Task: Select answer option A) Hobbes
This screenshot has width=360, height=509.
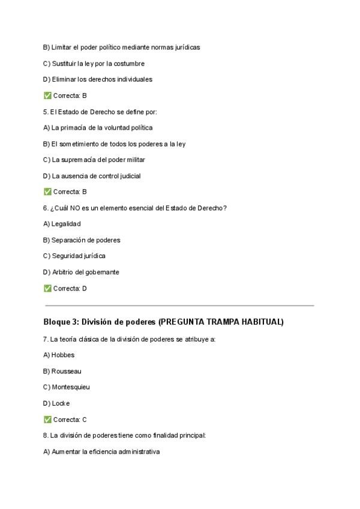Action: [x=59, y=355]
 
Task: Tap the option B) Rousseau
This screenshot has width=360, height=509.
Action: [x=62, y=371]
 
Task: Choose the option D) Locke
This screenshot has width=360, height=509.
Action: [x=56, y=403]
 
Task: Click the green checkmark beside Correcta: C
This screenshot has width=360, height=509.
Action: [x=47, y=420]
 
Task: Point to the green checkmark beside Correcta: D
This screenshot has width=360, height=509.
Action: [x=47, y=288]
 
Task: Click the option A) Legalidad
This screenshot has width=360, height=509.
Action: [x=62, y=224]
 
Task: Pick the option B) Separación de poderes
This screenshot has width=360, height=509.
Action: [x=82, y=240]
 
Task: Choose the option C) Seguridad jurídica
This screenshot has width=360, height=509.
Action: [x=74, y=256]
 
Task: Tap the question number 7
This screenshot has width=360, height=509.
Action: [x=46, y=339]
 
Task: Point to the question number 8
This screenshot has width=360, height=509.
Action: [x=46, y=435]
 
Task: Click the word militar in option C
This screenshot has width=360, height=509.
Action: [x=136, y=160]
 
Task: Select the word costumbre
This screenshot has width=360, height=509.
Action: [x=128, y=63]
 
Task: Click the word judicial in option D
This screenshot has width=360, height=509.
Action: [x=128, y=176]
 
